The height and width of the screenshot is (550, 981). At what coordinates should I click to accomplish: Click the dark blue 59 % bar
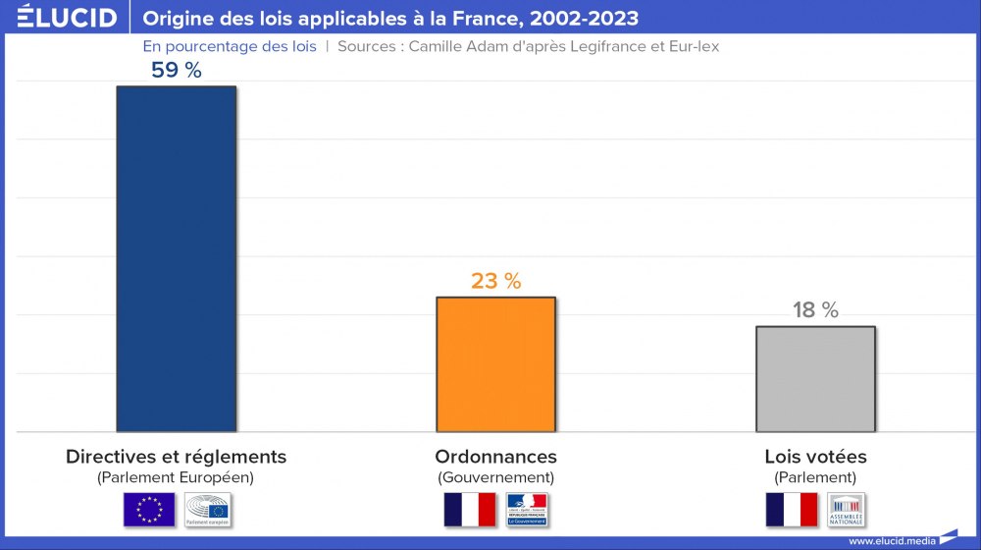click(176, 258)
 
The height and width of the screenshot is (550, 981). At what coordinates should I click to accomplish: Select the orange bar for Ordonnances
click(495, 364)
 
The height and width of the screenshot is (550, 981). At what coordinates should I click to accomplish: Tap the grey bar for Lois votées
click(815, 379)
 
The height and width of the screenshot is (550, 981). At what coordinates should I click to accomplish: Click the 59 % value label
click(176, 71)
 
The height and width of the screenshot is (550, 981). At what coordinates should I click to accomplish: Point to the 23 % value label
click(495, 281)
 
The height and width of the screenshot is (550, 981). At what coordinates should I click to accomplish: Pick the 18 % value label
click(815, 310)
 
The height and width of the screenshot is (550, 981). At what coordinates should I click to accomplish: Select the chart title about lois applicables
click(390, 19)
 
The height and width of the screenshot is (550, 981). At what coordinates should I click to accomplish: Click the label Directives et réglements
click(176, 457)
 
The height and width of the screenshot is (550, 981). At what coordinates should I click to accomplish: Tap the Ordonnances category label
click(495, 457)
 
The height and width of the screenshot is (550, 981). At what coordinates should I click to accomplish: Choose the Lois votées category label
click(815, 457)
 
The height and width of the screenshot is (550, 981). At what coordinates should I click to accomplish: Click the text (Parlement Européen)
click(176, 478)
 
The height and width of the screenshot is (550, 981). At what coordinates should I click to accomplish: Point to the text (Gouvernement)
click(495, 478)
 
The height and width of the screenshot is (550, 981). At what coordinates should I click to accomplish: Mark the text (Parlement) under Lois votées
click(815, 478)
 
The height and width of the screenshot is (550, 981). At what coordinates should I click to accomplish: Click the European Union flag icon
click(149, 510)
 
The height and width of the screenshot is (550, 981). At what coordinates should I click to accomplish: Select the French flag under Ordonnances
click(470, 510)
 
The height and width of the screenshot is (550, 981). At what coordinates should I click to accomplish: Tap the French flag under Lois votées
click(791, 510)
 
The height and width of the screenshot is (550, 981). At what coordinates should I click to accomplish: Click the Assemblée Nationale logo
click(847, 510)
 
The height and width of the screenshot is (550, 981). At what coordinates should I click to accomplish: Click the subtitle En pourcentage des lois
click(230, 46)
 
